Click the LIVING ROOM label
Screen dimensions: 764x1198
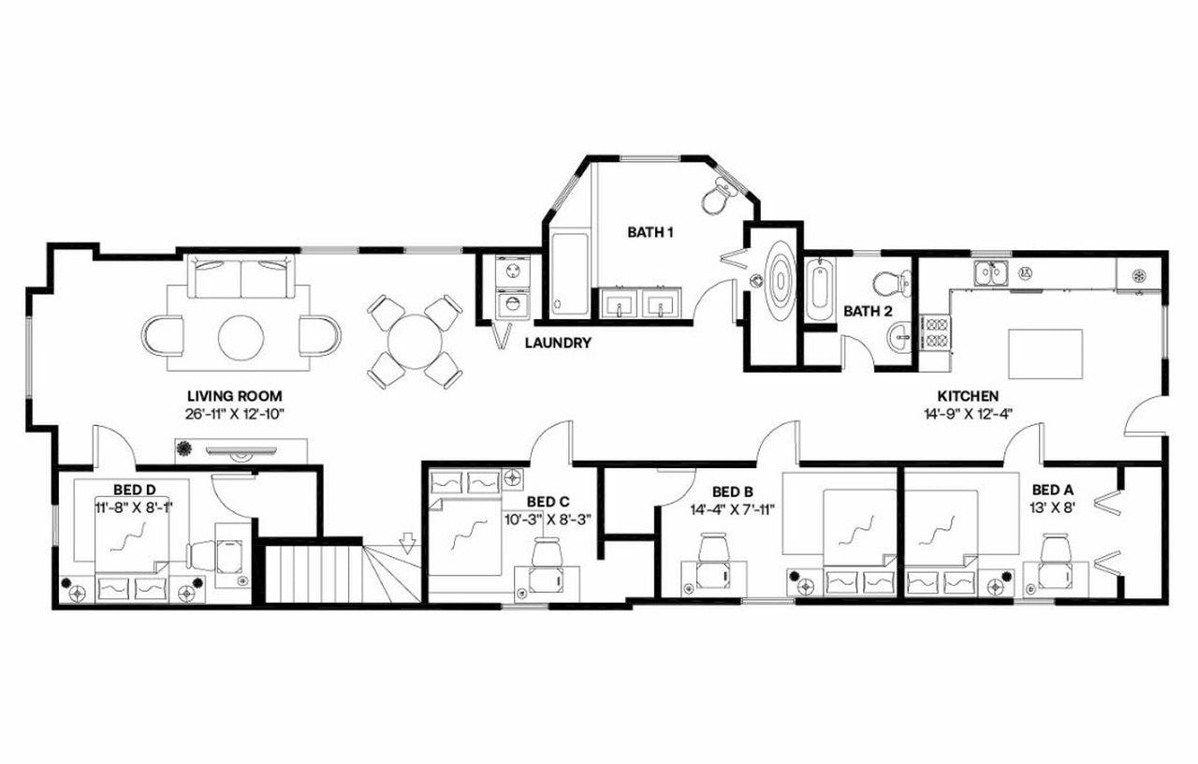[x=234, y=396]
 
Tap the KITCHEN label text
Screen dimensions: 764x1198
[x=969, y=396]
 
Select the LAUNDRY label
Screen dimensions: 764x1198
[x=558, y=343]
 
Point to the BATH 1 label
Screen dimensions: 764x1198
[x=650, y=231]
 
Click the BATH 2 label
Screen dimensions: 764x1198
[x=867, y=311]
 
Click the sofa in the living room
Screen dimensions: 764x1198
[x=241, y=278]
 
